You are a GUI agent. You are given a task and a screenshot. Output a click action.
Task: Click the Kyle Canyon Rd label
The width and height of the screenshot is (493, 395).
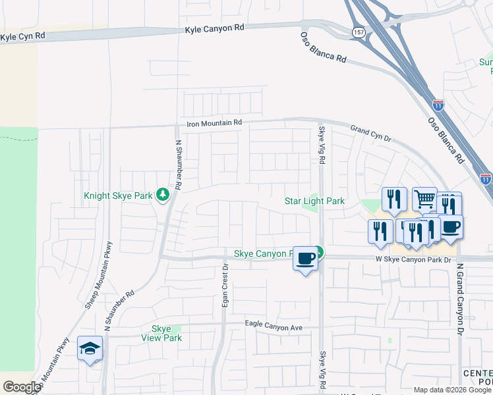pyautogui.click(x=215, y=28)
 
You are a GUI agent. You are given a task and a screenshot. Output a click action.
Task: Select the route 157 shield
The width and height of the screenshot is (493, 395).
pyautogui.click(x=358, y=32)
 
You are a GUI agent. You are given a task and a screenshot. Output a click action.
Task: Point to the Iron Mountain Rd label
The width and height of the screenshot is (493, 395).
pyautogui.click(x=214, y=122)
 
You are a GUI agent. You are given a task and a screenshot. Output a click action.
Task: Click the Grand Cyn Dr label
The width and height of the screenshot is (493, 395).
pyautogui.click(x=370, y=134)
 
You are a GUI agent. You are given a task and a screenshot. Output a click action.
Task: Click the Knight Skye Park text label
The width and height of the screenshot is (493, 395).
pyautogui.click(x=118, y=196)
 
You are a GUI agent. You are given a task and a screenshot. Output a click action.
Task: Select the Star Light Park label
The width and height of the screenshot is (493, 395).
pyautogui.click(x=314, y=201)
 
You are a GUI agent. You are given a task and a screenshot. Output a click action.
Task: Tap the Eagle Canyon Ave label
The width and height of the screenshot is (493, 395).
pyautogui.click(x=273, y=325)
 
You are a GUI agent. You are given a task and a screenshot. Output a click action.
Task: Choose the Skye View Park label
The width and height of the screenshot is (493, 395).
pyautogui.click(x=161, y=333)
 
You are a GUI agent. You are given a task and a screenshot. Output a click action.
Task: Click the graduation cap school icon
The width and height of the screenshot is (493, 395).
pyautogui.click(x=90, y=348)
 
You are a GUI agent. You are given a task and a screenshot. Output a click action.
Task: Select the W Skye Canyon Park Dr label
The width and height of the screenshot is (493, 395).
pyautogui.click(x=413, y=260)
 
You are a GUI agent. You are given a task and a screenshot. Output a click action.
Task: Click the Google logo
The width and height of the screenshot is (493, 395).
pyautogui.click(x=22, y=386)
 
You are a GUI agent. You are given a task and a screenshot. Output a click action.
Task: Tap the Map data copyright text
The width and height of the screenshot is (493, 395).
pyautogui.click(x=452, y=390)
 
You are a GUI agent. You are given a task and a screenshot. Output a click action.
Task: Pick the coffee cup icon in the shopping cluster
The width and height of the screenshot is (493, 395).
pyautogui.click(x=451, y=227)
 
